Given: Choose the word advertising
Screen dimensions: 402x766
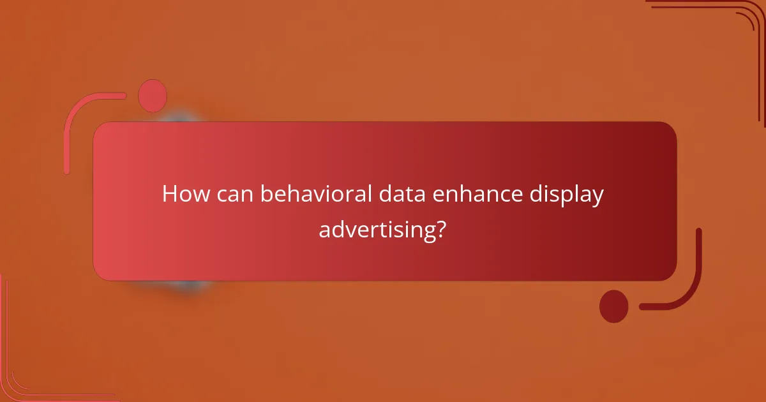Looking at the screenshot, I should pos(374,228).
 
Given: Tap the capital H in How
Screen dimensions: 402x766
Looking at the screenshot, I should pos(170,194).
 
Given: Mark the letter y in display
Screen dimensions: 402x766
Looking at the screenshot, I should pos(596,198).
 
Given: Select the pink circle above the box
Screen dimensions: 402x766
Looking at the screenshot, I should pos(153,96).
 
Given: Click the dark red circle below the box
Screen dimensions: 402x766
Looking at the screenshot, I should pos(613,306).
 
